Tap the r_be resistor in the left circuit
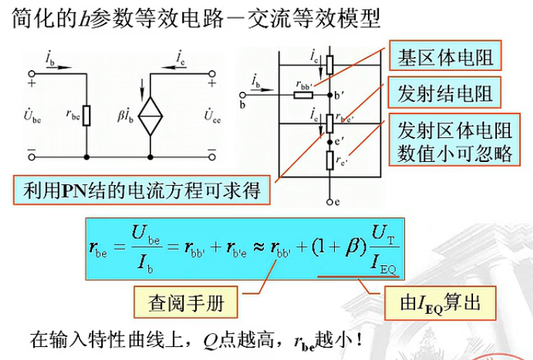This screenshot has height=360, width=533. click(x=88, y=115)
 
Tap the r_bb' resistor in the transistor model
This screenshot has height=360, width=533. click(x=304, y=93)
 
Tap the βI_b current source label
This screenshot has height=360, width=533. click(x=125, y=115)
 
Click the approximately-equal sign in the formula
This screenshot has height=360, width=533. click(x=257, y=249)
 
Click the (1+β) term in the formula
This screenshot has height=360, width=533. click(x=332, y=249)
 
